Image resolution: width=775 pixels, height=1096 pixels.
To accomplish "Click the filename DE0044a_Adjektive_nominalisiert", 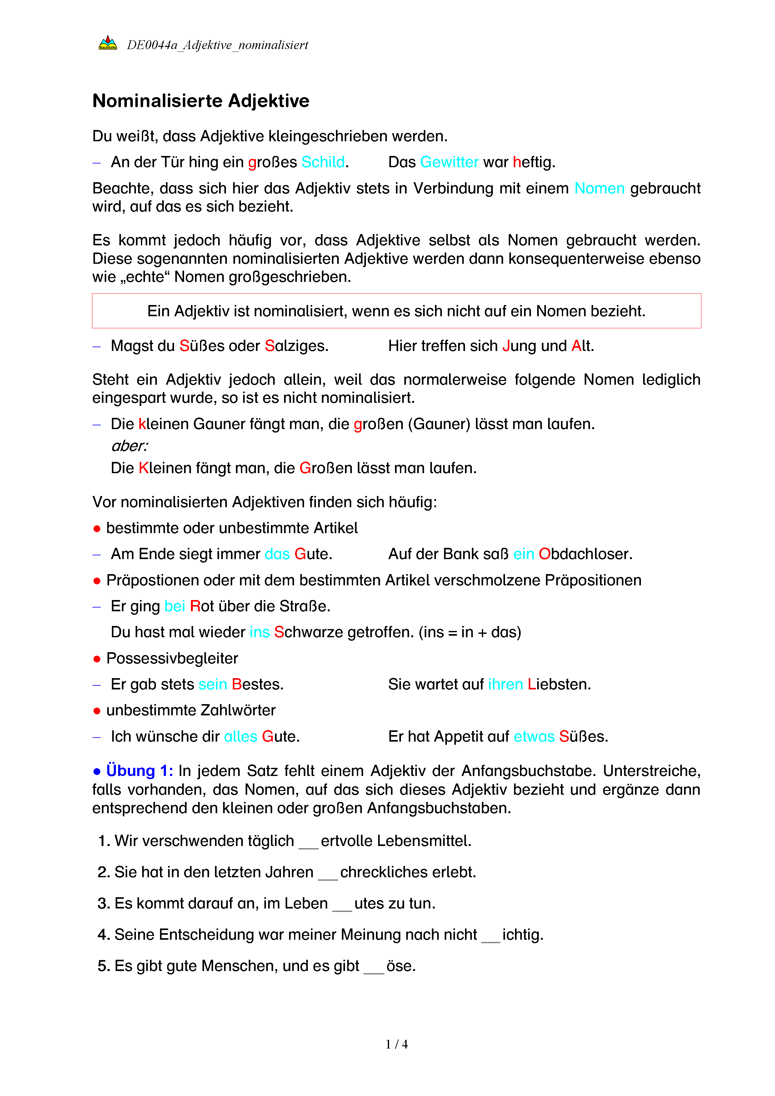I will (x=217, y=45).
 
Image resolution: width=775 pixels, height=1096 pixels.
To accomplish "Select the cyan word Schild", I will (x=323, y=162).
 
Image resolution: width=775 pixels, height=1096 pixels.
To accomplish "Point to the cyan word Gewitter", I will (x=449, y=162).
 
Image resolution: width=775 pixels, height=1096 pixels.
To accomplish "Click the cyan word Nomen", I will (x=599, y=188).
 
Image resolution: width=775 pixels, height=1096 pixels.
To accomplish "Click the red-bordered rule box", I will (x=396, y=311).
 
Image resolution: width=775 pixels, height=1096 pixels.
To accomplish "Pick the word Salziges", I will (x=296, y=346).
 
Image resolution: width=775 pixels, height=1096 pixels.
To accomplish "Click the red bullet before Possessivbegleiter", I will (x=97, y=659).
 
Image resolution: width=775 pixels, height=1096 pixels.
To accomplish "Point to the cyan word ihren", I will (x=505, y=684).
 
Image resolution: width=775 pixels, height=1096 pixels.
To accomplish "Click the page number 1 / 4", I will (x=397, y=1044).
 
